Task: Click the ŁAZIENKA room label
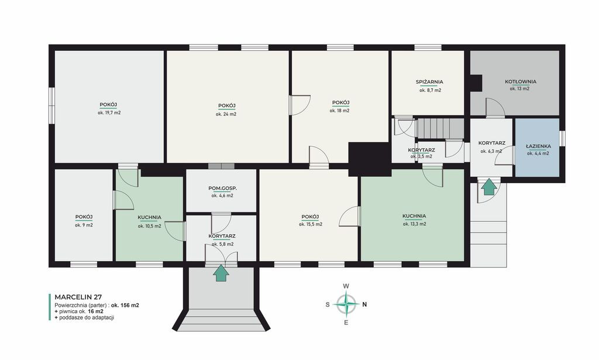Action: click(538, 146)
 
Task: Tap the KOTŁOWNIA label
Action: click(520, 81)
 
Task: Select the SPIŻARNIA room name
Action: click(429, 82)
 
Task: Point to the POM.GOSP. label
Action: click(222, 188)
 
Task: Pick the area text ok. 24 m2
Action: click(226, 114)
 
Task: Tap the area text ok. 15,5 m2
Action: click(310, 224)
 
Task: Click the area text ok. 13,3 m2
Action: click(414, 224)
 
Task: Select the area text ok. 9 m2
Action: click(84, 225)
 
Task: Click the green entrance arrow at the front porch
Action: click(221, 273)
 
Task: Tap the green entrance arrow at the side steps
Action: click(489, 187)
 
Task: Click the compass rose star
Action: click(346, 304)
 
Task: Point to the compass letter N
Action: click(364, 304)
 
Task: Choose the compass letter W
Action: click(346, 286)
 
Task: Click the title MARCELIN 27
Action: click(78, 297)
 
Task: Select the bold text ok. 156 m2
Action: click(125, 306)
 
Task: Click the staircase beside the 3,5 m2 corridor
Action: click(440, 128)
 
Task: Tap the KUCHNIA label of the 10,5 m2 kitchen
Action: click(149, 217)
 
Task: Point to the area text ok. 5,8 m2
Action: click(222, 244)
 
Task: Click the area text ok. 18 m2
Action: click(340, 111)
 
